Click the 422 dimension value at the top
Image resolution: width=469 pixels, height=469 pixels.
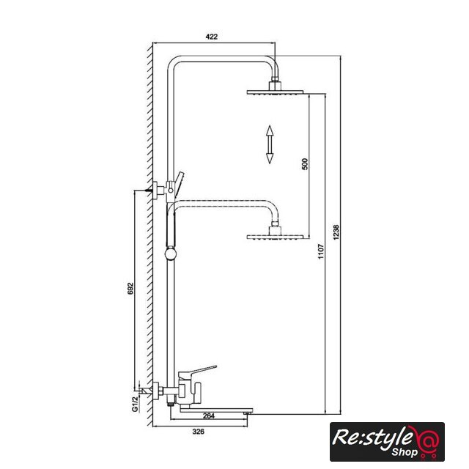(212, 37)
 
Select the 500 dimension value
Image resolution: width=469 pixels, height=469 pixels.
(305, 164)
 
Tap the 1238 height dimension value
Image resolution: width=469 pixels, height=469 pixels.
(336, 232)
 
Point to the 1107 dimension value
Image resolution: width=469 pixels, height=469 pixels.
(321, 251)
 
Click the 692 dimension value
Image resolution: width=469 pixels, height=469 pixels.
(130, 288)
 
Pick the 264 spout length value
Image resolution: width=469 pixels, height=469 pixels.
(208, 416)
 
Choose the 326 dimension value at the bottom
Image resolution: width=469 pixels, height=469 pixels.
(198, 432)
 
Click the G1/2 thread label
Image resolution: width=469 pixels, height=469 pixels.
(135, 404)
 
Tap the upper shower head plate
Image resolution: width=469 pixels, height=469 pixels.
(275, 92)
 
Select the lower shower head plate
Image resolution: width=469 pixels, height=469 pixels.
(275, 237)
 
